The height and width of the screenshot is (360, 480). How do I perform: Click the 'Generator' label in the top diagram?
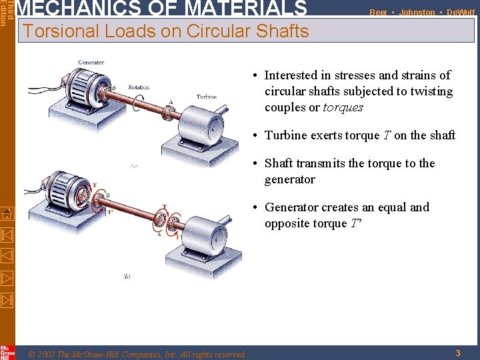point(91,63)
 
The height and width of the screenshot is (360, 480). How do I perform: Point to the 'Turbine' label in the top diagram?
point(206,97)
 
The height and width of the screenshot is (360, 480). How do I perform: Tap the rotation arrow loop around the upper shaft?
point(137,103)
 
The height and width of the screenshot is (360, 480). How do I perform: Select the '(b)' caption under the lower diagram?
point(127,275)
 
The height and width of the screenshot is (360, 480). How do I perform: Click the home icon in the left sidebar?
point(7,214)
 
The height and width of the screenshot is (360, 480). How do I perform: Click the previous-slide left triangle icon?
point(7,255)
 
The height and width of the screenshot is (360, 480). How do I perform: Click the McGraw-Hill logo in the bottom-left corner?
point(7,352)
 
